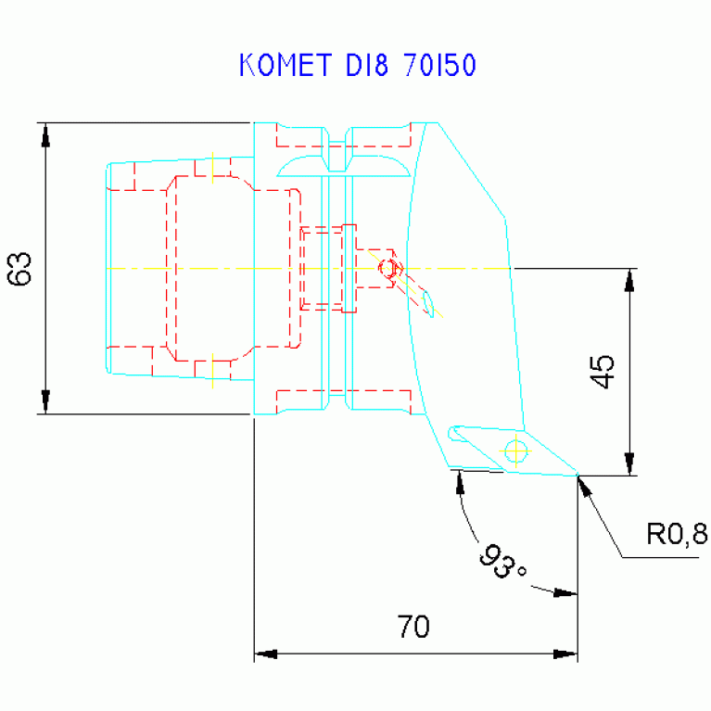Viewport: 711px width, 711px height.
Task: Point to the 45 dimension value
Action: click(603, 371)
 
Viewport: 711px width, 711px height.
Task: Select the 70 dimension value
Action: click(413, 628)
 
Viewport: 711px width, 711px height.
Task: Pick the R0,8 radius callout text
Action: click(676, 534)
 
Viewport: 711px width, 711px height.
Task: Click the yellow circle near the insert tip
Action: click(515, 451)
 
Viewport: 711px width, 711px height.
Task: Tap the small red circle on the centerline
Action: click(387, 269)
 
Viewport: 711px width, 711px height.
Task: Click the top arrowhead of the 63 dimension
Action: click(44, 133)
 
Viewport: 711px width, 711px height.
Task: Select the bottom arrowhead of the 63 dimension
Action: click(44, 402)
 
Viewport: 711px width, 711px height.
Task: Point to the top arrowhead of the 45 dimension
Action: click(629, 280)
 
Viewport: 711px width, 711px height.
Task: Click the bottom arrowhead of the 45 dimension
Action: click(629, 463)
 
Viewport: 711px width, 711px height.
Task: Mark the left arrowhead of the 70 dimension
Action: click(266, 654)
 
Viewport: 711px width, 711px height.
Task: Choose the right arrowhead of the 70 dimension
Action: click(565, 654)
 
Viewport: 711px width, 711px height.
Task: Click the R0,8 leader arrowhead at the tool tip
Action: click(584, 486)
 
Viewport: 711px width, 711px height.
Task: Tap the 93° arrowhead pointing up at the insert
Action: click(460, 482)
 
